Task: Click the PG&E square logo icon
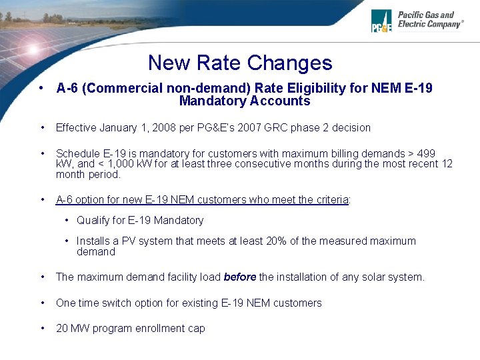[x=381, y=21]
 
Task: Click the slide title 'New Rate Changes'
[x=240, y=63]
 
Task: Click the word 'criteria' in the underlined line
[x=329, y=199]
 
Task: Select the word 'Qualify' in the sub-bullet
[x=93, y=220]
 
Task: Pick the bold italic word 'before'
[x=240, y=277]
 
